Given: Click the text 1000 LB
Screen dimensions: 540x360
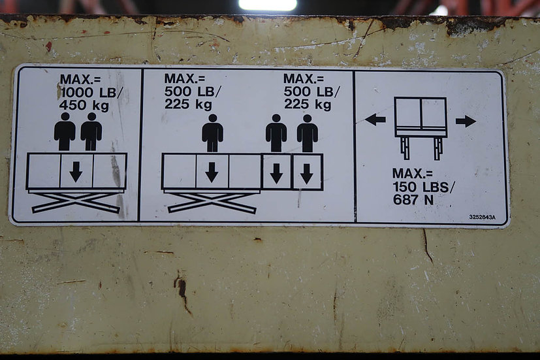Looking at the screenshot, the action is (x=89, y=92).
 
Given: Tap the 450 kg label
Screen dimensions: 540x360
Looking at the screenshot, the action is (x=84, y=105).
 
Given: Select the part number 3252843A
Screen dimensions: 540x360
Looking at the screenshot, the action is (x=482, y=217).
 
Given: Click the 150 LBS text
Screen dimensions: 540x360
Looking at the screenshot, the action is (x=424, y=187).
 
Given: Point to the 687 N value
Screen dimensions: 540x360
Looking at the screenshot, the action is (x=413, y=199).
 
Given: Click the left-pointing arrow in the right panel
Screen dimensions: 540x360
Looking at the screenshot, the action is (x=375, y=120).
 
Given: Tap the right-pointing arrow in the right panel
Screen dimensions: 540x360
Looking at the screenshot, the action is (x=466, y=122).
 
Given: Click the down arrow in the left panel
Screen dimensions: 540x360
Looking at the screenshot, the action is (x=76, y=172).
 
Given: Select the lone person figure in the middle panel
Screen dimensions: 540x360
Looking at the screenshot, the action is (x=212, y=133).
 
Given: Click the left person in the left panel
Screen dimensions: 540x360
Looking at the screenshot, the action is (x=65, y=131).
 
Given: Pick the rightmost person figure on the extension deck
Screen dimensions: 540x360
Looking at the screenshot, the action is (x=308, y=133).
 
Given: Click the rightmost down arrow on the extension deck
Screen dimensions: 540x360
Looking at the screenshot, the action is (x=306, y=174).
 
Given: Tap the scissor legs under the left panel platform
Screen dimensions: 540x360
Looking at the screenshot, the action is (x=76, y=202).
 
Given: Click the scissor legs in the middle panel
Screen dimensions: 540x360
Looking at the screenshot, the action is (x=212, y=203).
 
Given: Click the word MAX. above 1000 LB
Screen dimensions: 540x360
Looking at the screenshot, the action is (x=80, y=80).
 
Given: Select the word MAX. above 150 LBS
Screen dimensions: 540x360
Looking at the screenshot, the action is (x=413, y=174).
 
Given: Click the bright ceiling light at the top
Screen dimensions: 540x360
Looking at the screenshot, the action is (x=268, y=5).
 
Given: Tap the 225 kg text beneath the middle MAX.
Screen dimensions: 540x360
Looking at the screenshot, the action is (x=188, y=104).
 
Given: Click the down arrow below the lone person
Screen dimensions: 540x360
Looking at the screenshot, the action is (x=212, y=172).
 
